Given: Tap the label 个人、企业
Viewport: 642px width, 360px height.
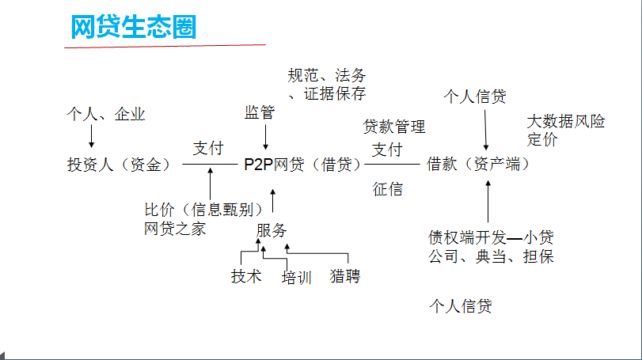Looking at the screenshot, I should pyautogui.click(x=106, y=115).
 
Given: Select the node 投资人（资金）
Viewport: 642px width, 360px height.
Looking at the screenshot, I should pyautogui.click(x=119, y=165).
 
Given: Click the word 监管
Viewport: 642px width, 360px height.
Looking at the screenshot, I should pyautogui.click(x=260, y=113).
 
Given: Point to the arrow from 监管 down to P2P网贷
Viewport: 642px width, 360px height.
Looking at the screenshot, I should pyautogui.click(x=265, y=136).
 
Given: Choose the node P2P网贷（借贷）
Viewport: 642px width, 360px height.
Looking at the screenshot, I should pyautogui.click(x=302, y=165).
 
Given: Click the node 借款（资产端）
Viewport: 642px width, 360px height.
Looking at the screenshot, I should pyautogui.click(x=478, y=165).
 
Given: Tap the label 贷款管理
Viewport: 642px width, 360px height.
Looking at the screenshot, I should pyautogui.click(x=394, y=127).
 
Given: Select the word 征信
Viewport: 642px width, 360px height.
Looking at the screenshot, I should pyautogui.click(x=388, y=189).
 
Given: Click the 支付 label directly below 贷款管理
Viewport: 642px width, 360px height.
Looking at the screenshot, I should pyautogui.click(x=387, y=150).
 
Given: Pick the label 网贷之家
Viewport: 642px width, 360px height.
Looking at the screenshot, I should pyautogui.click(x=175, y=229).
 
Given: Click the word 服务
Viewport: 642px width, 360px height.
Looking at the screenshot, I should pyautogui.click(x=272, y=231).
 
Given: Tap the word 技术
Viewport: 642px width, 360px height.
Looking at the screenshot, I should pyautogui.click(x=246, y=277).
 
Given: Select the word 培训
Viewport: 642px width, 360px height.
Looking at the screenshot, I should pyautogui.click(x=297, y=278).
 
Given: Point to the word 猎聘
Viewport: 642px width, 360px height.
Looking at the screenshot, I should pyautogui.click(x=345, y=277).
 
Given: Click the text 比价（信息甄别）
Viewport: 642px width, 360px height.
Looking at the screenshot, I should pyautogui.click(x=203, y=210).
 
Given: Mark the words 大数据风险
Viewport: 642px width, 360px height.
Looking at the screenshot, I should pyautogui.click(x=566, y=122).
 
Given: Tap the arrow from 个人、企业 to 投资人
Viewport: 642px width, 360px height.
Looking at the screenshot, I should pyautogui.click(x=91, y=136).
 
